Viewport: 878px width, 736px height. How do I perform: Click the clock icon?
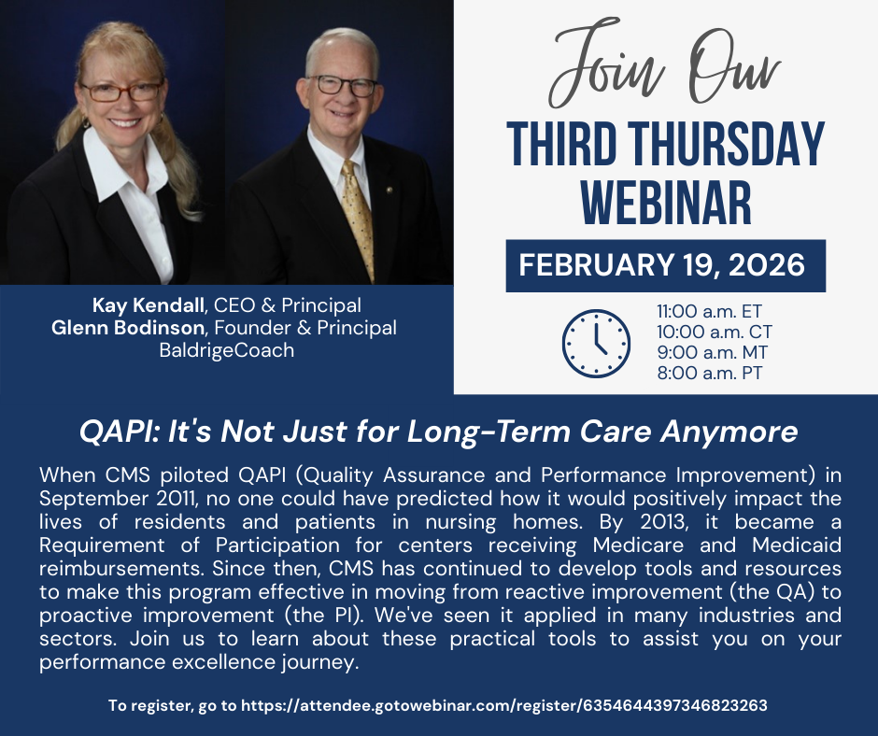596,343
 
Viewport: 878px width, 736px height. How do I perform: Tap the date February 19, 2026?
662,265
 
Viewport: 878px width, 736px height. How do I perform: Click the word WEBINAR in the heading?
665,200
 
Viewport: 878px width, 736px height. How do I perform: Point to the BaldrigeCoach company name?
227,350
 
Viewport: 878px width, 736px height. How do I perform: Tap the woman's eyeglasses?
120,92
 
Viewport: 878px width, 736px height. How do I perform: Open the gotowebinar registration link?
504,706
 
